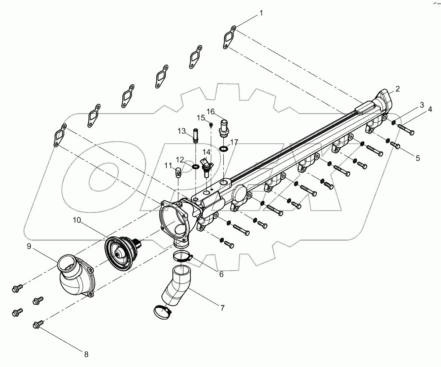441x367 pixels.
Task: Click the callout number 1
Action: pos(262,14)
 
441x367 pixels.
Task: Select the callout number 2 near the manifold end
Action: pos(398,89)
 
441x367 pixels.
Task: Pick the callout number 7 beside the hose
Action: pos(222,308)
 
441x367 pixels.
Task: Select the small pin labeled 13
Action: pos(195,134)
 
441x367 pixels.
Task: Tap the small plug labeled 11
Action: pos(179,171)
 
